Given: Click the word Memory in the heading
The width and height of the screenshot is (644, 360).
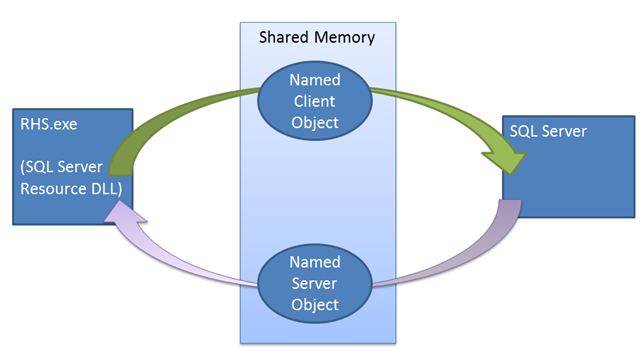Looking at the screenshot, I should [345, 38].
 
